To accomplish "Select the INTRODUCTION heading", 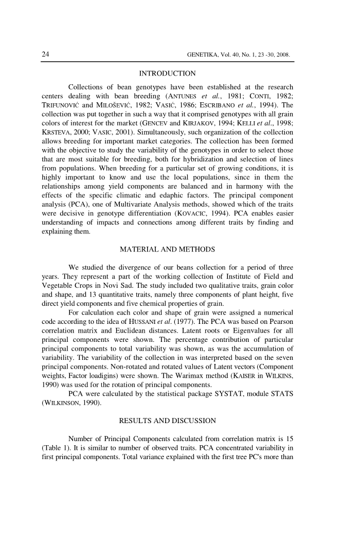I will (x=167, y=73).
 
